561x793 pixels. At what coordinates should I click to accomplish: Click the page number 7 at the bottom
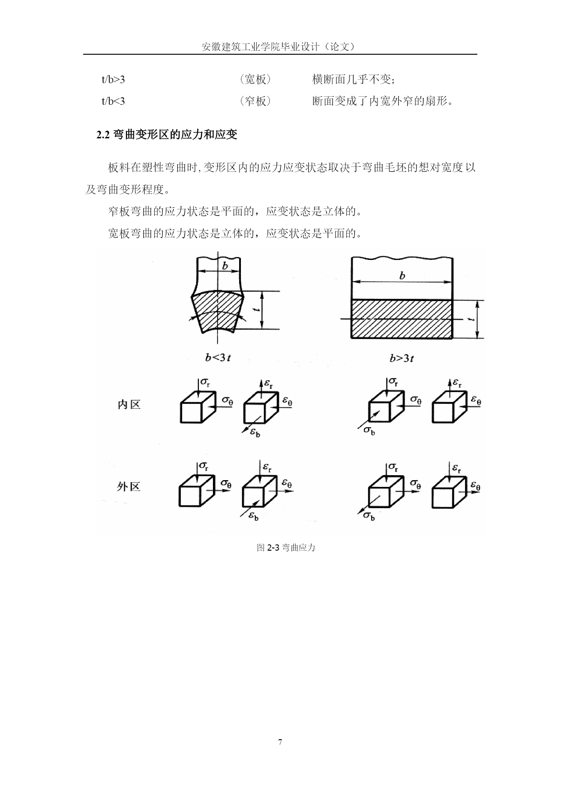coord(280,741)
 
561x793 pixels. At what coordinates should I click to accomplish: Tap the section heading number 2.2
coord(104,135)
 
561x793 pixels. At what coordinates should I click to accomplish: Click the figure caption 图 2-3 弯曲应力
coord(286,548)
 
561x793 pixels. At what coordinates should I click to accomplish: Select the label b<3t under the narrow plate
coord(218,358)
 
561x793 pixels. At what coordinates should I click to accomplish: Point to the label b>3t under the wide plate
coord(402,359)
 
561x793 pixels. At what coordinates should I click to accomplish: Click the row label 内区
coord(129,405)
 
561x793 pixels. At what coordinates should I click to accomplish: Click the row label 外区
coord(129,487)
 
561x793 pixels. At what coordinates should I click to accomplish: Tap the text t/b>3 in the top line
coord(113,80)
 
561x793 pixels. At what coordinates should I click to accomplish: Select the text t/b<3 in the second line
coord(113,101)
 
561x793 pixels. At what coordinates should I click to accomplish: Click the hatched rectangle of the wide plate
coord(402,319)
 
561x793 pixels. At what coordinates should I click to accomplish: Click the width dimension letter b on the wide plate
coord(402,275)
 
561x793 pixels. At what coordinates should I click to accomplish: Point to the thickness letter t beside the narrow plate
coord(257,311)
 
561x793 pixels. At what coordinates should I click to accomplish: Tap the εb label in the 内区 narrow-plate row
coord(255,432)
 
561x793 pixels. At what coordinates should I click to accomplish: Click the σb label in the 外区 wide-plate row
coord(369,516)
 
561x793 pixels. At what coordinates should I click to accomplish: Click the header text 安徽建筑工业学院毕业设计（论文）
coord(279,47)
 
